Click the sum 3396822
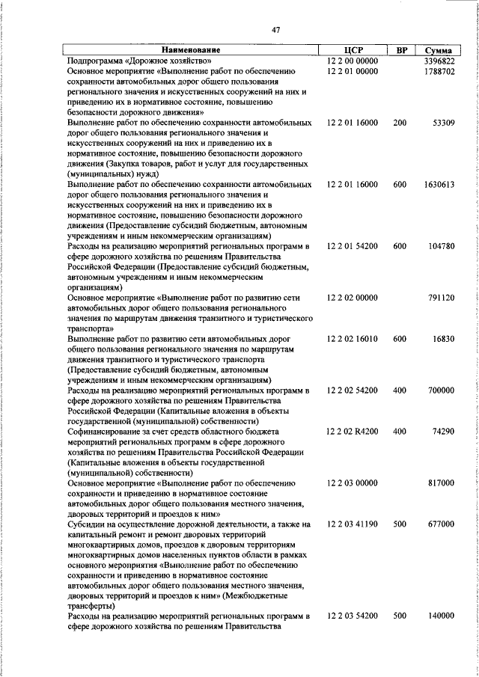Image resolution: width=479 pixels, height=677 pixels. click(439, 60)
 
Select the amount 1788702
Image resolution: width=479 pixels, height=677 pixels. click(439, 70)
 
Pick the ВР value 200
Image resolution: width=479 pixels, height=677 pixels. click(400, 122)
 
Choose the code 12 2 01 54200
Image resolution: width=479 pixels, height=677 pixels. click(353, 246)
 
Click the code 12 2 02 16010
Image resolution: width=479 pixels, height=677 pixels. click(353, 339)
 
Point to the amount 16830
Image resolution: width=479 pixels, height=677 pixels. click(442, 339)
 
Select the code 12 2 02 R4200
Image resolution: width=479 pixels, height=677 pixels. click(353, 432)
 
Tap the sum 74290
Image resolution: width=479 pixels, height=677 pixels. click(442, 432)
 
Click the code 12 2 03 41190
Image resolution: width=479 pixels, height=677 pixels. click(353, 525)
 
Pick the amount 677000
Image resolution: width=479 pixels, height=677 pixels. click(441, 525)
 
